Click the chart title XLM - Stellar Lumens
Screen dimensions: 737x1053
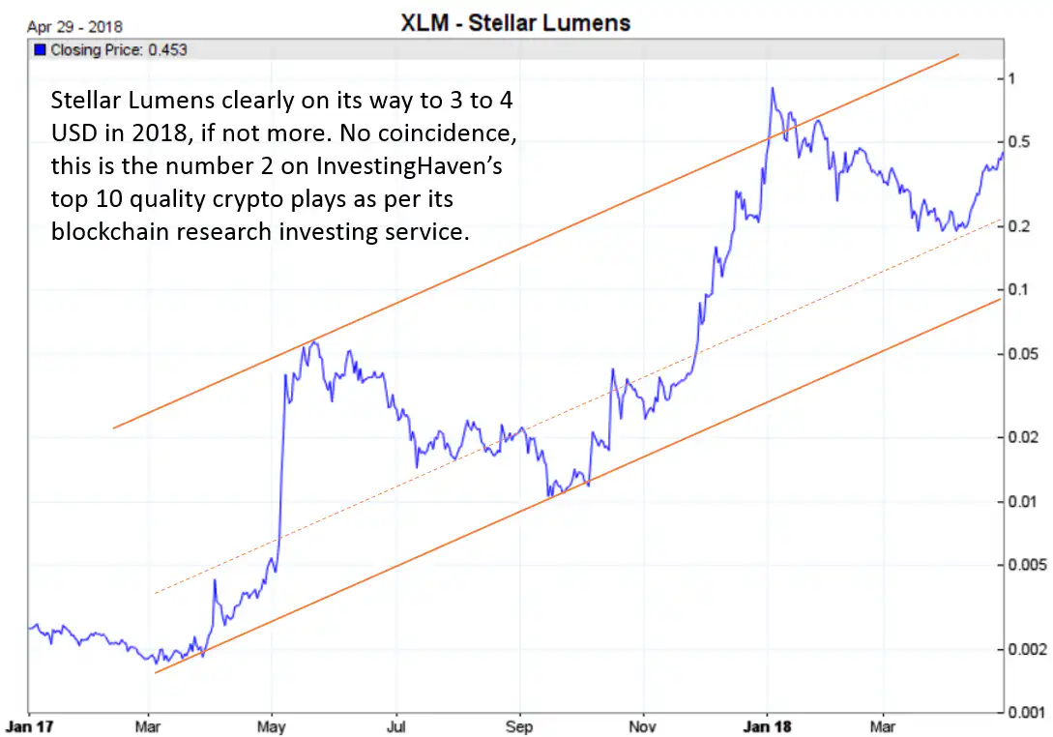pyautogui.click(x=514, y=22)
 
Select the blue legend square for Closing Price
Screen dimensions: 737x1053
pyautogui.click(x=39, y=50)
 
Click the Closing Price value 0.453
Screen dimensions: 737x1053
pyautogui.click(x=166, y=50)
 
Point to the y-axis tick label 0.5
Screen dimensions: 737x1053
pyautogui.click(x=1019, y=142)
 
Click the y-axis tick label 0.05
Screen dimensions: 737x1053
pyautogui.click(x=1023, y=354)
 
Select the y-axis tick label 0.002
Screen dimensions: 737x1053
pyautogui.click(x=1026, y=649)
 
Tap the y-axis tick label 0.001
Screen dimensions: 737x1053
pyautogui.click(x=1026, y=713)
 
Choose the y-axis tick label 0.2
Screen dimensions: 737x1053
pyautogui.click(x=1019, y=226)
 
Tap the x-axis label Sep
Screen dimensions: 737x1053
pyautogui.click(x=519, y=725)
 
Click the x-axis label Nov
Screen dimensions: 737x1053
pyautogui.click(x=642, y=725)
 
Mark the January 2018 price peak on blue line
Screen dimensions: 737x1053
pyautogui.click(x=772, y=88)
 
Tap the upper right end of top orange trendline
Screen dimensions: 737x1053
pyautogui.click(x=957, y=55)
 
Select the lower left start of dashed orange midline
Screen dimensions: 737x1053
pyautogui.click(x=155, y=593)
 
